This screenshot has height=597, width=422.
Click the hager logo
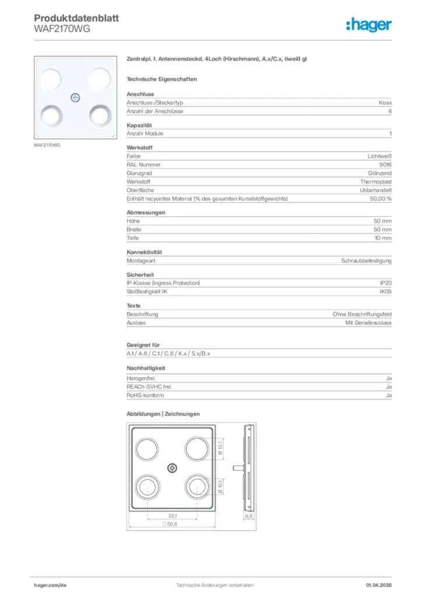tap(369, 24)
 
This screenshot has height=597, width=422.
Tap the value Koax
tap(385, 103)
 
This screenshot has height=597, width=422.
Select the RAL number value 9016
tap(385, 165)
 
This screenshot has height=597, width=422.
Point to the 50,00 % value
tap(381, 199)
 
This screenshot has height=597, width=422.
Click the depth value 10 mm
tap(382, 238)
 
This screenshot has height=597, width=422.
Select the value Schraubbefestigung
tap(366, 261)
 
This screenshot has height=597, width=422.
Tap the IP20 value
tap(385, 283)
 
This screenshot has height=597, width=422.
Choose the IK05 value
tap(385, 292)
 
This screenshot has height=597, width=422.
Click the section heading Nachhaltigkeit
tap(146, 368)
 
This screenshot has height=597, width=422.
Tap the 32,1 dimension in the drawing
tap(173, 516)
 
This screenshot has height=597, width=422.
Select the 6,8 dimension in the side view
tap(248, 516)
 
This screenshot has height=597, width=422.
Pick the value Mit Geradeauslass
tap(368, 322)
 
